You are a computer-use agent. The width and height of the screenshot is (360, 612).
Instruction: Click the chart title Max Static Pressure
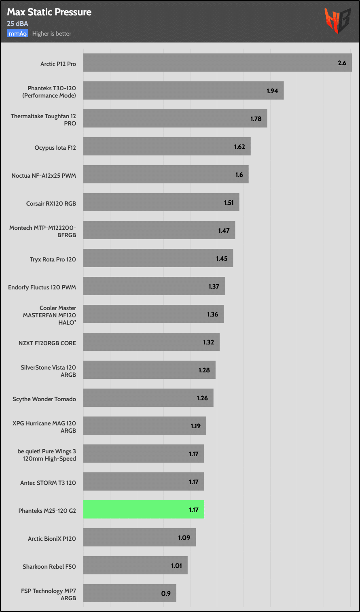coord(49,12)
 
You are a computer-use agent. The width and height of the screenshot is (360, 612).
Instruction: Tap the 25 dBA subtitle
coord(17,23)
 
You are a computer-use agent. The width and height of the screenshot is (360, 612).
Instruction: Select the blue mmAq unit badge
coord(17,34)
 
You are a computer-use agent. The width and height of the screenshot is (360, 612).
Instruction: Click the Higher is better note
coord(52,34)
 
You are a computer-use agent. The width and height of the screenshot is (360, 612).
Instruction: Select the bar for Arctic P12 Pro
coord(217,63)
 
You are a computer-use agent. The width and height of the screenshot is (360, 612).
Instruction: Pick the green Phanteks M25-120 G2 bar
coord(144,510)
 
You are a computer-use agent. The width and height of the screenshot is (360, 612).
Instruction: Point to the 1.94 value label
coord(272,91)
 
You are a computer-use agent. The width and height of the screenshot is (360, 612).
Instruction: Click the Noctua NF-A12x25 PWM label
coord(44,176)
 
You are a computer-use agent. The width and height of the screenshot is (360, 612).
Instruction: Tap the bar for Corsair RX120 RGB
coord(161,202)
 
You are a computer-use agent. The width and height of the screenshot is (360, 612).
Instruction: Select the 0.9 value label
coord(166,593)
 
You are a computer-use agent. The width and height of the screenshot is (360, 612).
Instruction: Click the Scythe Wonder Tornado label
coord(44,399)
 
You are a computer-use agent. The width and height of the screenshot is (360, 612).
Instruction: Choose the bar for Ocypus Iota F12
coord(167,147)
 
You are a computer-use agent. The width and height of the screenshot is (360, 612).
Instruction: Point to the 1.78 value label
coord(256,119)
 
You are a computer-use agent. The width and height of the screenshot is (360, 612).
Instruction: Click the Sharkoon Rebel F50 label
coord(49,567)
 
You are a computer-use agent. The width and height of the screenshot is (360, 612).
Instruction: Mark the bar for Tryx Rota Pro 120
coord(158,258)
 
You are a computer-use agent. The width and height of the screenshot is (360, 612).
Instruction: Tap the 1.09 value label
coord(184,538)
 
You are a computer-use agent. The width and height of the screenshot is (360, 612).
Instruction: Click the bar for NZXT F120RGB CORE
coord(151,342)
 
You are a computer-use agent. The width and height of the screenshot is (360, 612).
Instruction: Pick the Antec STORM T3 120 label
coord(48,483)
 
